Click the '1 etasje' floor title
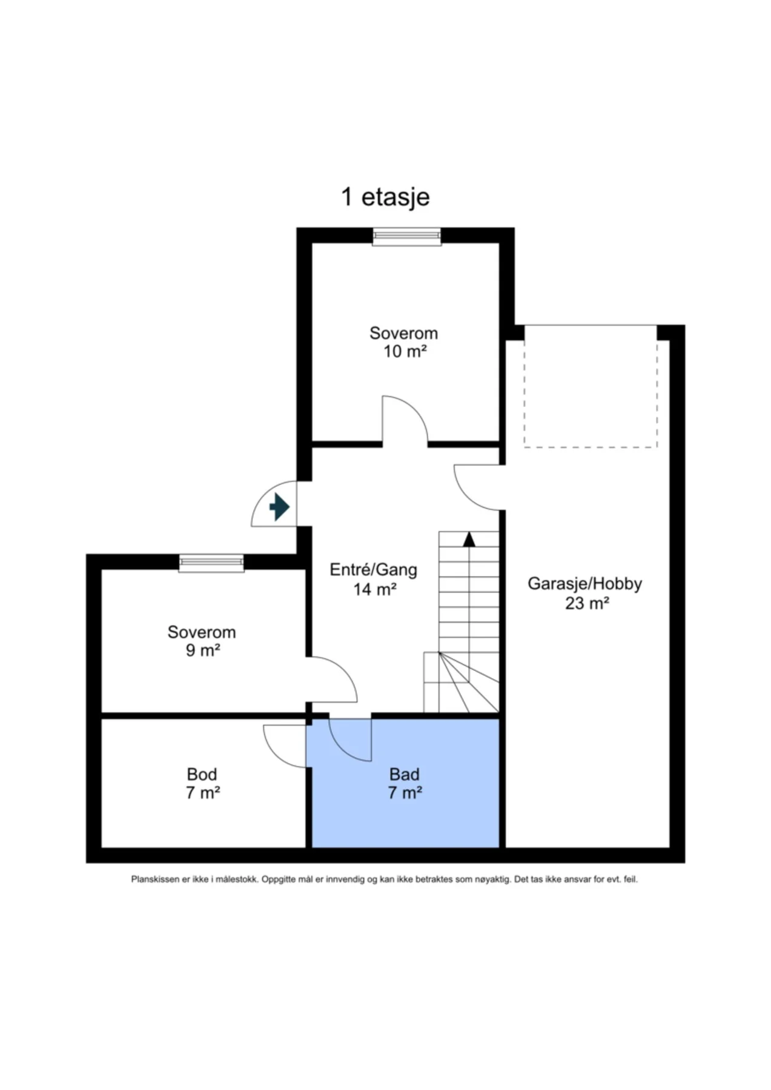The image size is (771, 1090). click(385, 197)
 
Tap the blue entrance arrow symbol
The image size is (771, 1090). click(279, 506)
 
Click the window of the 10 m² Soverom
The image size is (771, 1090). click(406, 236)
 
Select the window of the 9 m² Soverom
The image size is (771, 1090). click(211, 563)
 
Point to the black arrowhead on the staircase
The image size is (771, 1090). click(469, 539)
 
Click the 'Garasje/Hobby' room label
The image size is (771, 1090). click(584, 584)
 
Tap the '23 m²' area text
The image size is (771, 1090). click(587, 603)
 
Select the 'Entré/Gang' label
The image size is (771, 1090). click(373, 569)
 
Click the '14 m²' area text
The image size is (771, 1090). click(375, 589)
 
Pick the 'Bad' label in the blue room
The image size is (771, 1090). click(404, 774)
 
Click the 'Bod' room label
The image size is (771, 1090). click(202, 774)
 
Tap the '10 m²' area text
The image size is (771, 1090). click(405, 351)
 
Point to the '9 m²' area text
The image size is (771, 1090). click(202, 650)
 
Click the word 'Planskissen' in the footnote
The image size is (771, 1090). click(155, 879)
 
